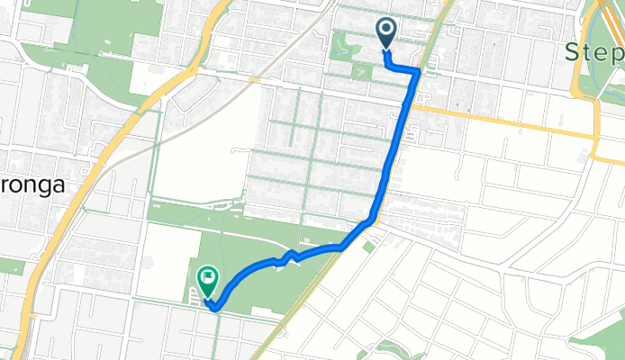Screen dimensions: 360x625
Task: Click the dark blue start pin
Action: coord(386,33)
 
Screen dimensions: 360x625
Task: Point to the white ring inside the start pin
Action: coord(386,30)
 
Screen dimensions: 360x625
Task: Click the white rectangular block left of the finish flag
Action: coord(167,261)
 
